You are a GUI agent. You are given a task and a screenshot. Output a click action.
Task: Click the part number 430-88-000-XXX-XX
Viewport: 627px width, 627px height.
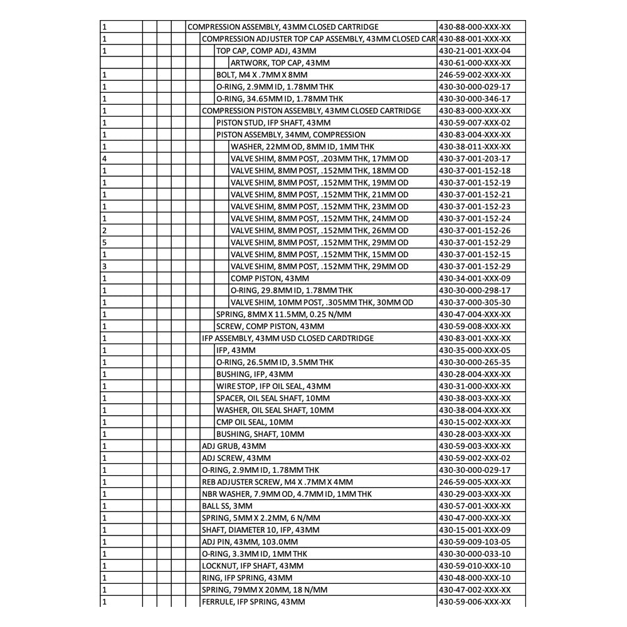[475, 27]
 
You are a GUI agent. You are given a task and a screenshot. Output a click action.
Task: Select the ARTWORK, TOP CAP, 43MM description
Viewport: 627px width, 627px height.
[280, 63]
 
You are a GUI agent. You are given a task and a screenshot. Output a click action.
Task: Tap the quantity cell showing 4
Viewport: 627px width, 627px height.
[104, 159]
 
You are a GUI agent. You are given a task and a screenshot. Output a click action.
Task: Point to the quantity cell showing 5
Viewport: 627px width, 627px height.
[104, 243]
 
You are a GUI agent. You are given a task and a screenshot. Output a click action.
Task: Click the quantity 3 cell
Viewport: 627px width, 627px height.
[104, 266]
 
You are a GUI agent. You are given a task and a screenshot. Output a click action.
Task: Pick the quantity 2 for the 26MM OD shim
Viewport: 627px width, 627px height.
[104, 231]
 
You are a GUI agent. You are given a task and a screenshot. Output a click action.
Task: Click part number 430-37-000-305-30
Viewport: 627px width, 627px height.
[475, 302]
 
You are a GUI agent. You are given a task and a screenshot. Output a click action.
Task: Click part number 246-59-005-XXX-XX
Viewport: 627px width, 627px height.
[475, 482]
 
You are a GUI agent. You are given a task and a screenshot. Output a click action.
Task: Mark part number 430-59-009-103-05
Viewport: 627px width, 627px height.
[475, 542]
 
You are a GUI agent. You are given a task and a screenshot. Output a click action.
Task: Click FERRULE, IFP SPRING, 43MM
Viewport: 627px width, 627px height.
[253, 602]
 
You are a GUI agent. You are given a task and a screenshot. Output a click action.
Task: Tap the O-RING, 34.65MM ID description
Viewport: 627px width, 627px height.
[279, 99]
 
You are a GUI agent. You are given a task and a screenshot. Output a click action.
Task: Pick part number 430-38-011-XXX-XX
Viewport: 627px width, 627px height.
[475, 147]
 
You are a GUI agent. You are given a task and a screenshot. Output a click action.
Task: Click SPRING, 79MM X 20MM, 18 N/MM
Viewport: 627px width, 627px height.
[264, 590]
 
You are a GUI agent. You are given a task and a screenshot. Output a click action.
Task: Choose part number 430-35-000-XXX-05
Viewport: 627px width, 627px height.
[475, 350]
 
